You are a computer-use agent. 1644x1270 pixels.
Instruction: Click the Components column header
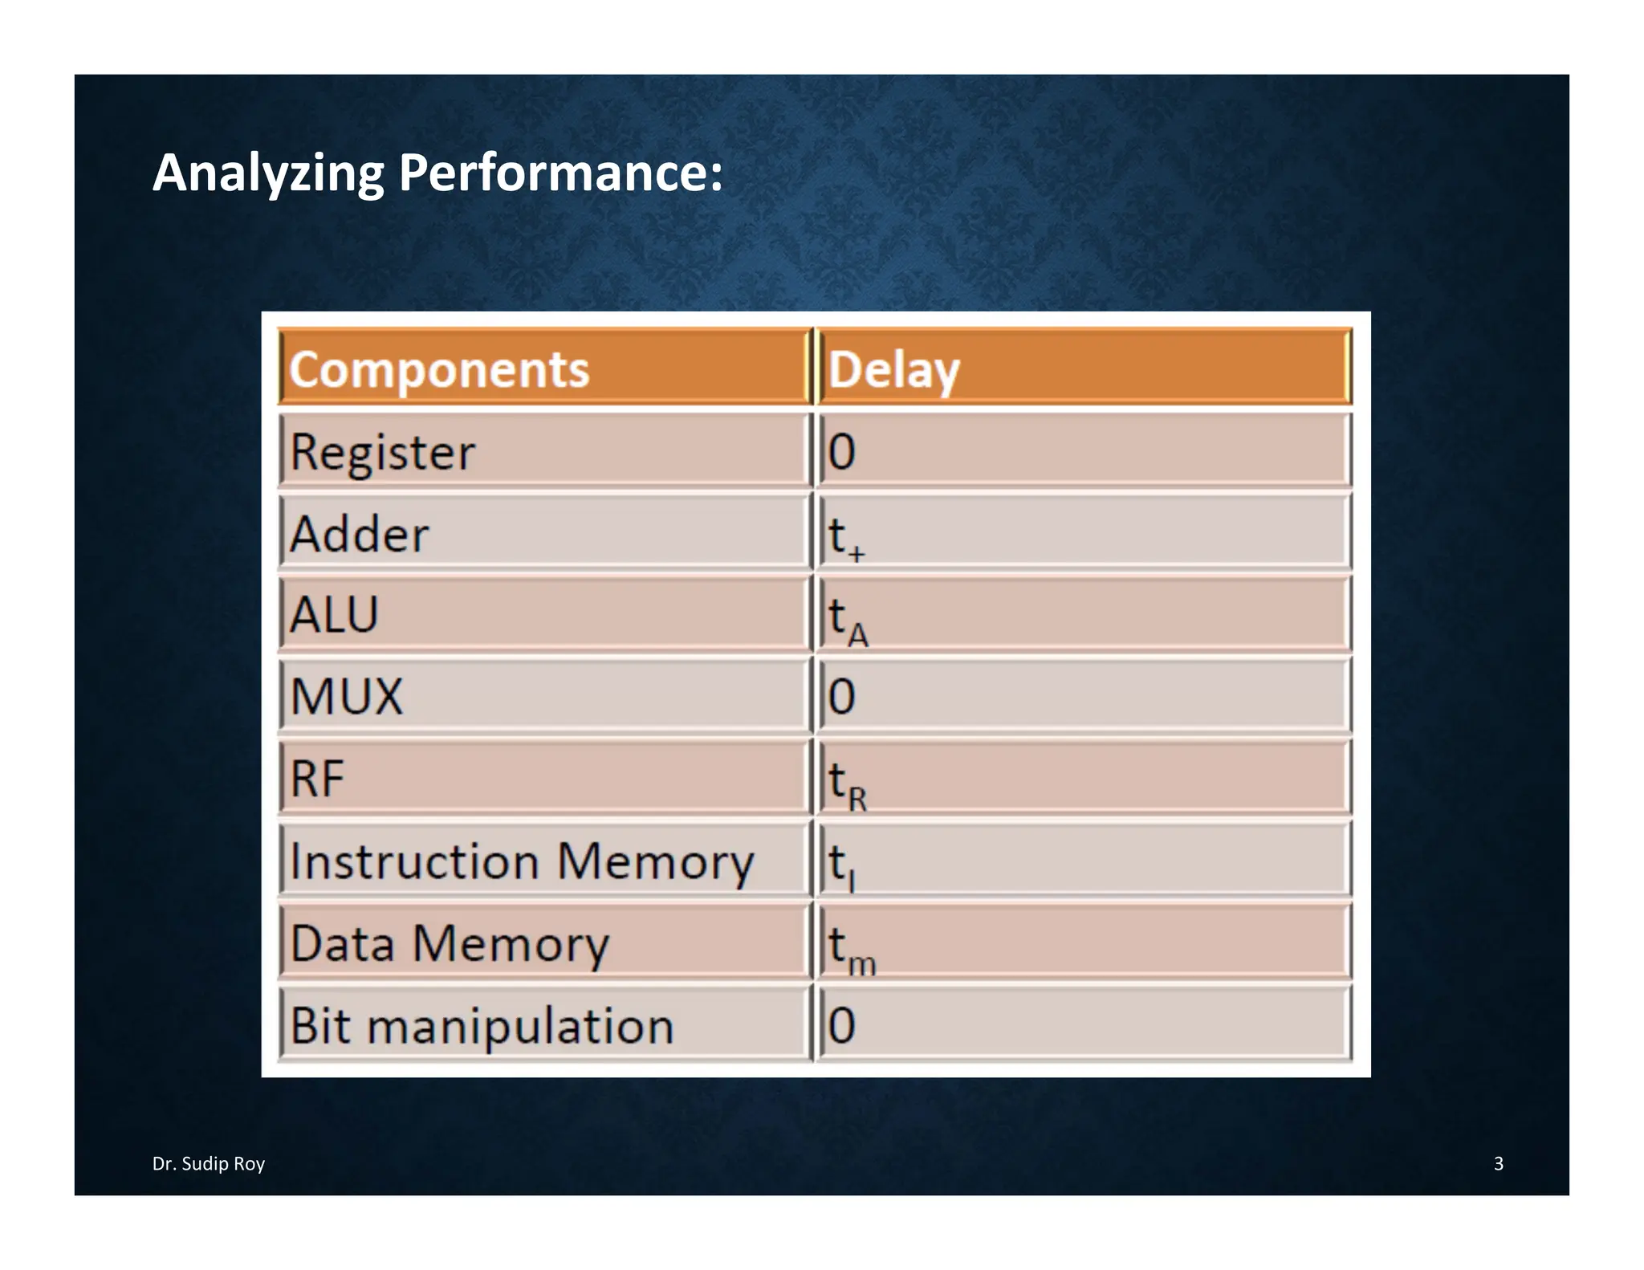tap(439, 369)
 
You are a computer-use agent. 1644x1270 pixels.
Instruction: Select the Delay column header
tap(893, 370)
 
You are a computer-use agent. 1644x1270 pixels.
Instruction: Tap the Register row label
tap(382, 452)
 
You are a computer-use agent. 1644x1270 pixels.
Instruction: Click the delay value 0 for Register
tap(841, 452)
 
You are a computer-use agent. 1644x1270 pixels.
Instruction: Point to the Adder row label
tap(359, 534)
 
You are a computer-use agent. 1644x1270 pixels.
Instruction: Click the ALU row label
tap(334, 615)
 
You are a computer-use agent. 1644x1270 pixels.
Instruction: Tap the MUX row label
tap(346, 696)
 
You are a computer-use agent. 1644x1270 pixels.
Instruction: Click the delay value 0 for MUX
tap(841, 696)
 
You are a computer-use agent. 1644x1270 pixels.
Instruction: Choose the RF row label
tap(317, 778)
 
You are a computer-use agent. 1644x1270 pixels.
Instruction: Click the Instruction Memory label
tap(522, 861)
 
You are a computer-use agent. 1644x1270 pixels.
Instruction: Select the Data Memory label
tap(450, 943)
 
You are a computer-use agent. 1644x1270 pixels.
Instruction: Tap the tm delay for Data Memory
tap(852, 948)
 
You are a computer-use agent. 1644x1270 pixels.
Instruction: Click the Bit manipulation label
tap(482, 1026)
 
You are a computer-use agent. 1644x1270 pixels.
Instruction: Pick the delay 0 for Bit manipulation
tap(841, 1025)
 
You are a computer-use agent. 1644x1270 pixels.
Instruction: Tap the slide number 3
tap(1498, 1163)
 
